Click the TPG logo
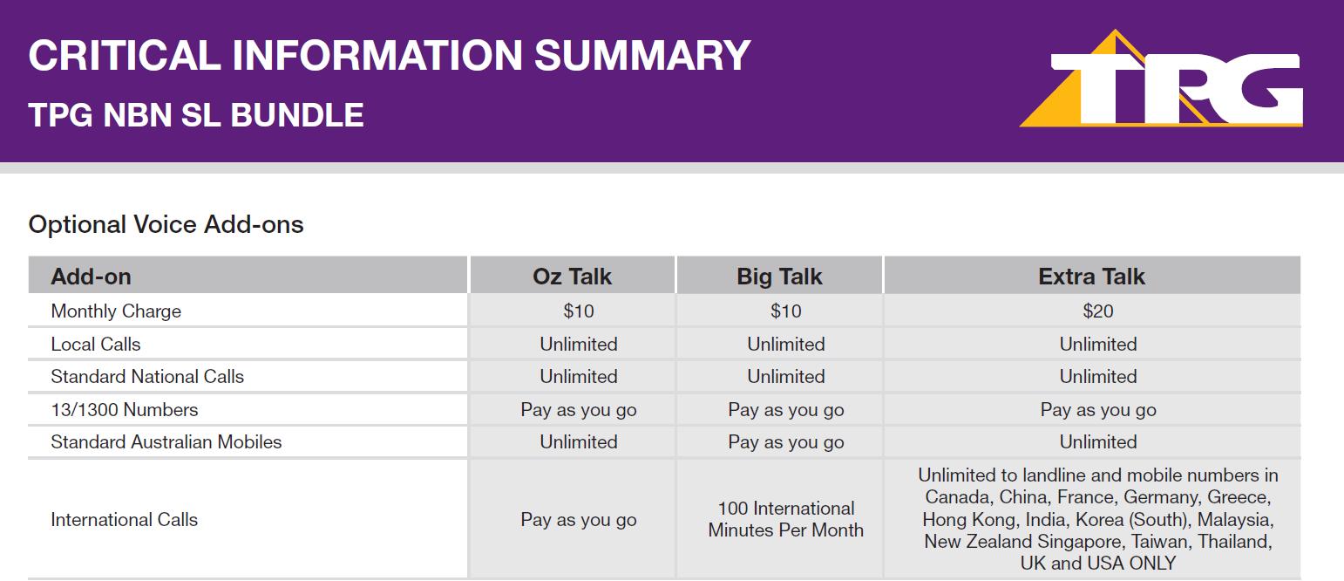point(1161,79)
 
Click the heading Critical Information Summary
point(390,55)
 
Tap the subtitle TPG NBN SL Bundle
point(195,115)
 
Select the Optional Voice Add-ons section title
point(166,225)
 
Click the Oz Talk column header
point(572,277)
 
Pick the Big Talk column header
point(779,277)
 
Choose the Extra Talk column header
point(1091,277)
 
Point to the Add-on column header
point(92,277)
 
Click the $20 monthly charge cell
point(1098,311)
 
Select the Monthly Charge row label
point(116,311)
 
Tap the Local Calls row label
point(95,344)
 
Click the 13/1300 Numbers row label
point(124,409)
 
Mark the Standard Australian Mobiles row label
point(166,441)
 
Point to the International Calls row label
point(124,519)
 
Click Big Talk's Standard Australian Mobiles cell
point(786,442)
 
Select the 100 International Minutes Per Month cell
point(786,519)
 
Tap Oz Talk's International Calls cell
point(579,520)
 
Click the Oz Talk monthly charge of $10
point(579,311)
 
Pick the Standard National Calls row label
point(147,376)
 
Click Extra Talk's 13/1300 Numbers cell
point(1098,410)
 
